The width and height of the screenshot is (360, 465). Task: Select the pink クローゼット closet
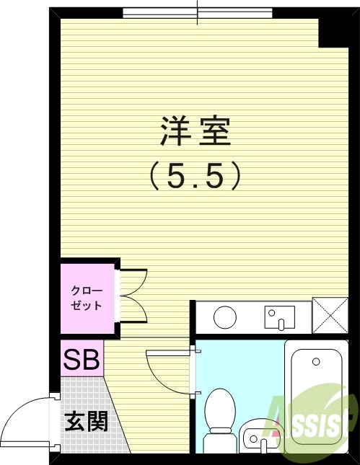pyautogui.click(x=87, y=297)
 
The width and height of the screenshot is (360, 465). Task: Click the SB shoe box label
pyautogui.click(x=82, y=359)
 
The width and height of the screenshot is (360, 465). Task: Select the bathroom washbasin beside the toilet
pyautogui.click(x=259, y=436)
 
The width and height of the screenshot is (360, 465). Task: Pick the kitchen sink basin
pyautogui.click(x=280, y=316)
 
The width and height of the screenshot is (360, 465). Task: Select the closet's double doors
pyautogui.click(x=133, y=296)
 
